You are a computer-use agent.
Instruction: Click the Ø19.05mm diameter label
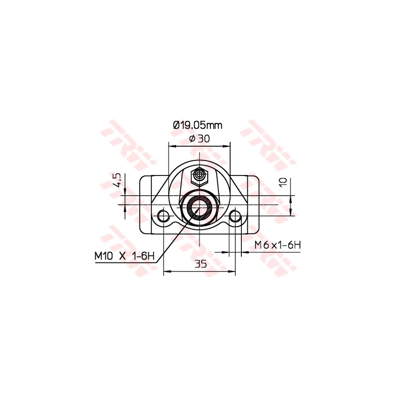pos(197,125)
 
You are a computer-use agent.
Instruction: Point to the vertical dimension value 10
pos(283,182)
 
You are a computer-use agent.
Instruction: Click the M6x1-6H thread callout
pos(278,245)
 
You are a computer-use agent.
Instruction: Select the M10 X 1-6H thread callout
pos(124,256)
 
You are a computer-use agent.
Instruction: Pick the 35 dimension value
pos(200,264)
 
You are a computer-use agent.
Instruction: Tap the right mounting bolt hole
pos(235,216)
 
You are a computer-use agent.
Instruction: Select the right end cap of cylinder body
pos(253,204)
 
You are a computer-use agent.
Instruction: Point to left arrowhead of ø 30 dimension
pos(171,146)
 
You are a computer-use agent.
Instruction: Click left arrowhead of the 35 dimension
pos(166,272)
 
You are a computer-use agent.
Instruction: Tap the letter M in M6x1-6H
pos(258,245)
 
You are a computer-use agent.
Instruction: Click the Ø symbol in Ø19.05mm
pos(177,125)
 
